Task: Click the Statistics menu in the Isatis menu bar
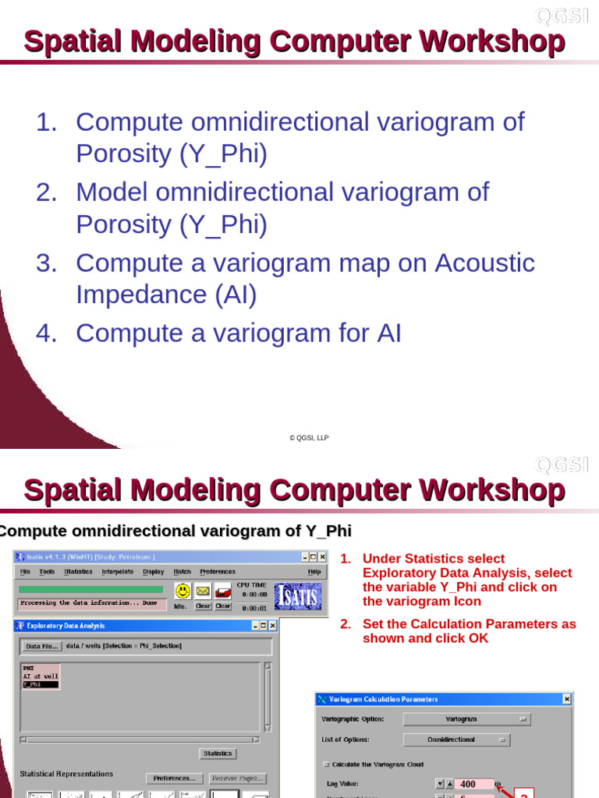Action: tap(78, 572)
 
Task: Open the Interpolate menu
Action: tap(117, 572)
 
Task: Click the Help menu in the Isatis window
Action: tap(314, 572)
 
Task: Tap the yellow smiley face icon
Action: tap(183, 591)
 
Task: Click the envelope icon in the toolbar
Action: tap(203, 591)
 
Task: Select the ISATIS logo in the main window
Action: tap(298, 596)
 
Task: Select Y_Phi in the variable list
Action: tap(33, 684)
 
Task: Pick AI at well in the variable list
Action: tap(41, 676)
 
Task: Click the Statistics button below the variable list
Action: tap(218, 754)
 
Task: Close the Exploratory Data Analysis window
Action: tap(272, 625)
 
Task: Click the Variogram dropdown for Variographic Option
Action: tap(466, 719)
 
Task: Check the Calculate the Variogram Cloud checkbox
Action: tap(327, 764)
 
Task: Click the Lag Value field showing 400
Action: tap(474, 784)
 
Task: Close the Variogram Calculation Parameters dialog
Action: tap(566, 699)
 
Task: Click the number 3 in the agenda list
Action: tap(47, 263)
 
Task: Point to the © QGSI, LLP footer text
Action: tap(309, 438)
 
